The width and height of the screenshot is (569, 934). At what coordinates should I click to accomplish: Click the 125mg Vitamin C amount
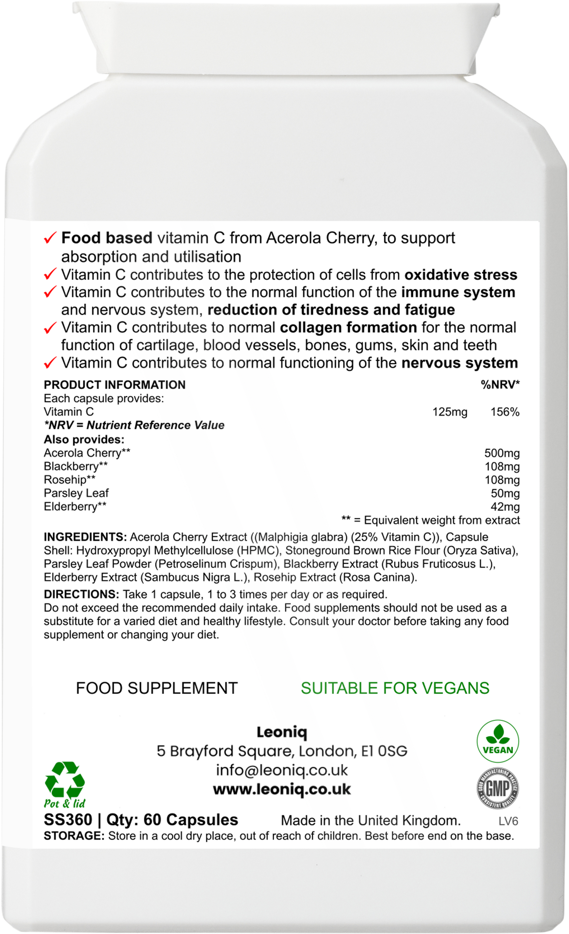(450, 412)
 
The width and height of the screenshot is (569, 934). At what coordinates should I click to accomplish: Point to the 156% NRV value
(505, 412)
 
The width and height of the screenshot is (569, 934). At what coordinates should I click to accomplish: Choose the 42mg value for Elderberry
(505, 507)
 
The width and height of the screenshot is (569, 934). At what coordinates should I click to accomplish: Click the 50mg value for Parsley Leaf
(505, 494)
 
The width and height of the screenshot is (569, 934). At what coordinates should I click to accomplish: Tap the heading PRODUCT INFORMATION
(115, 385)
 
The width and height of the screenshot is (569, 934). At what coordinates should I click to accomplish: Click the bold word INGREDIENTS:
(85, 537)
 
